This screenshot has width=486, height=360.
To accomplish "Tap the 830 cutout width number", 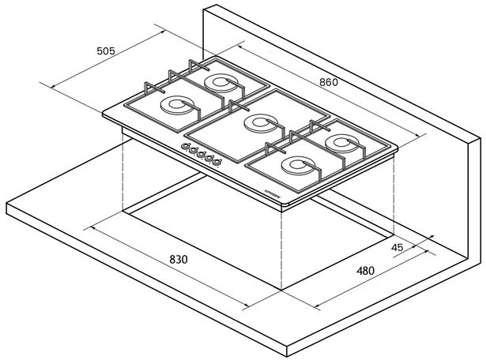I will (x=179, y=260).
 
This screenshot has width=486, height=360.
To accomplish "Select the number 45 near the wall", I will (x=397, y=247).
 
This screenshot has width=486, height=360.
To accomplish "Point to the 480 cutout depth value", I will (x=364, y=271).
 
